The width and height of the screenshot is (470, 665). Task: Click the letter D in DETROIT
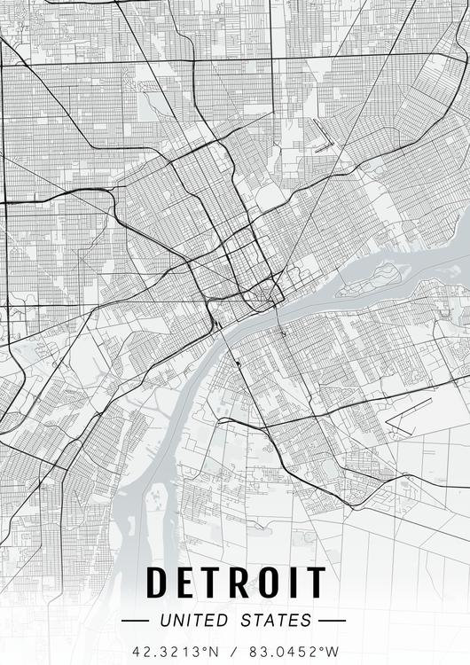pyautogui.click(x=159, y=582)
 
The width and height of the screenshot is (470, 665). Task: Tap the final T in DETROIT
pyautogui.click(x=317, y=582)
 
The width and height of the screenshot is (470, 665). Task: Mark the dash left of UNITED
pyautogui.click(x=137, y=621)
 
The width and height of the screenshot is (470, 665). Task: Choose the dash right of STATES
pyautogui.click(x=331, y=621)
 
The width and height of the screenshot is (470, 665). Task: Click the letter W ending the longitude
pyautogui.click(x=333, y=650)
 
